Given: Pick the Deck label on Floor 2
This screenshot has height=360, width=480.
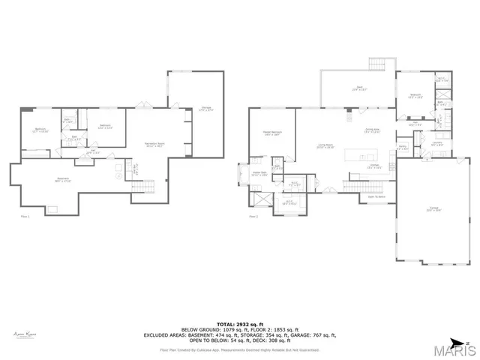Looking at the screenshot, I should pyautogui.click(x=356, y=88).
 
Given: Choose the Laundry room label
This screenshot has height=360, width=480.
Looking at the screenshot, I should pyautogui.click(x=436, y=143).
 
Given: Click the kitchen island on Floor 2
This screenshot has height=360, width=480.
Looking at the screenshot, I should pyautogui.click(x=363, y=155).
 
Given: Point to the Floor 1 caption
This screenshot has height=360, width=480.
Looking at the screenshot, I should pyautogui.click(x=25, y=216).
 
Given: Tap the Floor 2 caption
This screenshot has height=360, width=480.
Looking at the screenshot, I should pyautogui.click(x=253, y=216).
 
